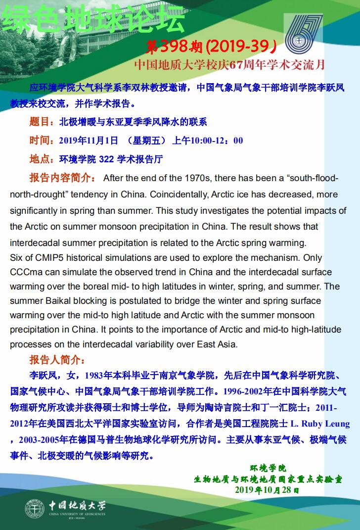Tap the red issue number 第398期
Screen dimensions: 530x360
coord(175,46)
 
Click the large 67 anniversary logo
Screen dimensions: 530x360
coord(303,37)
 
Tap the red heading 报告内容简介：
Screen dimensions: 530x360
coord(63,178)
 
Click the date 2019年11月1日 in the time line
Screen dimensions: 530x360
coord(89,140)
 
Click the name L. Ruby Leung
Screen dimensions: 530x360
coord(319,424)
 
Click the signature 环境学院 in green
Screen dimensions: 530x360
coord(268,468)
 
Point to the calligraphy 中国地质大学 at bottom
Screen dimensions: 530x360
coord(77,506)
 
